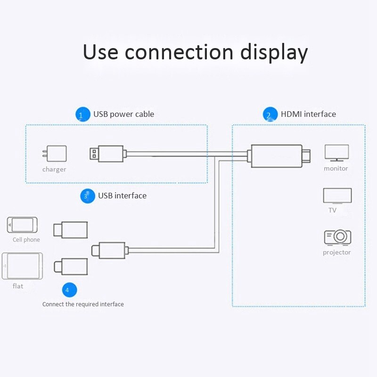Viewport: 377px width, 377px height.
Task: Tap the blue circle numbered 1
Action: [82, 115]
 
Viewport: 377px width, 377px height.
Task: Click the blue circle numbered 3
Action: [88, 196]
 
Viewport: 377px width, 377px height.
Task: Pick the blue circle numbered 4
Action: [69, 290]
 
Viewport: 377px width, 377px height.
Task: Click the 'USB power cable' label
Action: [123, 114]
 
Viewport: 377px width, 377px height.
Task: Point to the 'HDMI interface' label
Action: [308, 114]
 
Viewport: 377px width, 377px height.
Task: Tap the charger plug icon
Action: [55, 154]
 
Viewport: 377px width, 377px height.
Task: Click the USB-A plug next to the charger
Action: [107, 154]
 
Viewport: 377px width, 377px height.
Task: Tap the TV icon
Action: [337, 196]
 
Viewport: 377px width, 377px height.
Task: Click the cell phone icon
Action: [22, 225]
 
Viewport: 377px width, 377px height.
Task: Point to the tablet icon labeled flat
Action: [22, 266]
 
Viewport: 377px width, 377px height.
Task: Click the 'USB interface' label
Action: [122, 196]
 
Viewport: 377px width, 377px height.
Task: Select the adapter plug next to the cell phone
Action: [71, 229]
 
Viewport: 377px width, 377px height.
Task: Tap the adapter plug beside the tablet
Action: [71, 267]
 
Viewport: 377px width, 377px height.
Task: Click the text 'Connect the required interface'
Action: [83, 304]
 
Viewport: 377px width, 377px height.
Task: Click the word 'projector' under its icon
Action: [336, 253]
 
